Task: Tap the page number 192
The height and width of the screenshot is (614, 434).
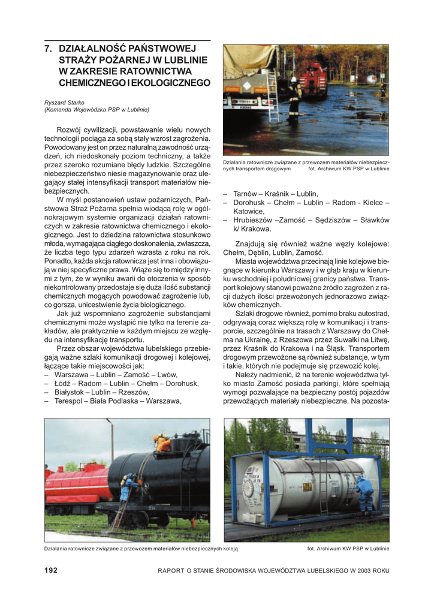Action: (51, 570)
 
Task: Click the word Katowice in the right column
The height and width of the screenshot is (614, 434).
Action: (249, 211)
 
